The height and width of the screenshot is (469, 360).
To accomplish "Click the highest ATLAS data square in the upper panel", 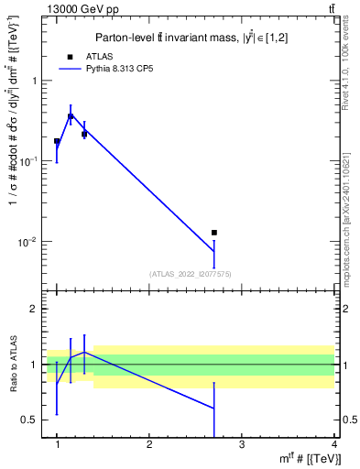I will click(x=71, y=116).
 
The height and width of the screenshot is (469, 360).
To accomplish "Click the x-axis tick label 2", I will click(x=149, y=445).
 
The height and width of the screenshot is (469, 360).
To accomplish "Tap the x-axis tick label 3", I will click(x=242, y=445).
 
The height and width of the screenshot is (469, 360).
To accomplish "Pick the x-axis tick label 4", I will click(x=334, y=445).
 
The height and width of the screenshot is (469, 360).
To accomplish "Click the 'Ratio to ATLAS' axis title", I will click(x=12, y=365).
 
